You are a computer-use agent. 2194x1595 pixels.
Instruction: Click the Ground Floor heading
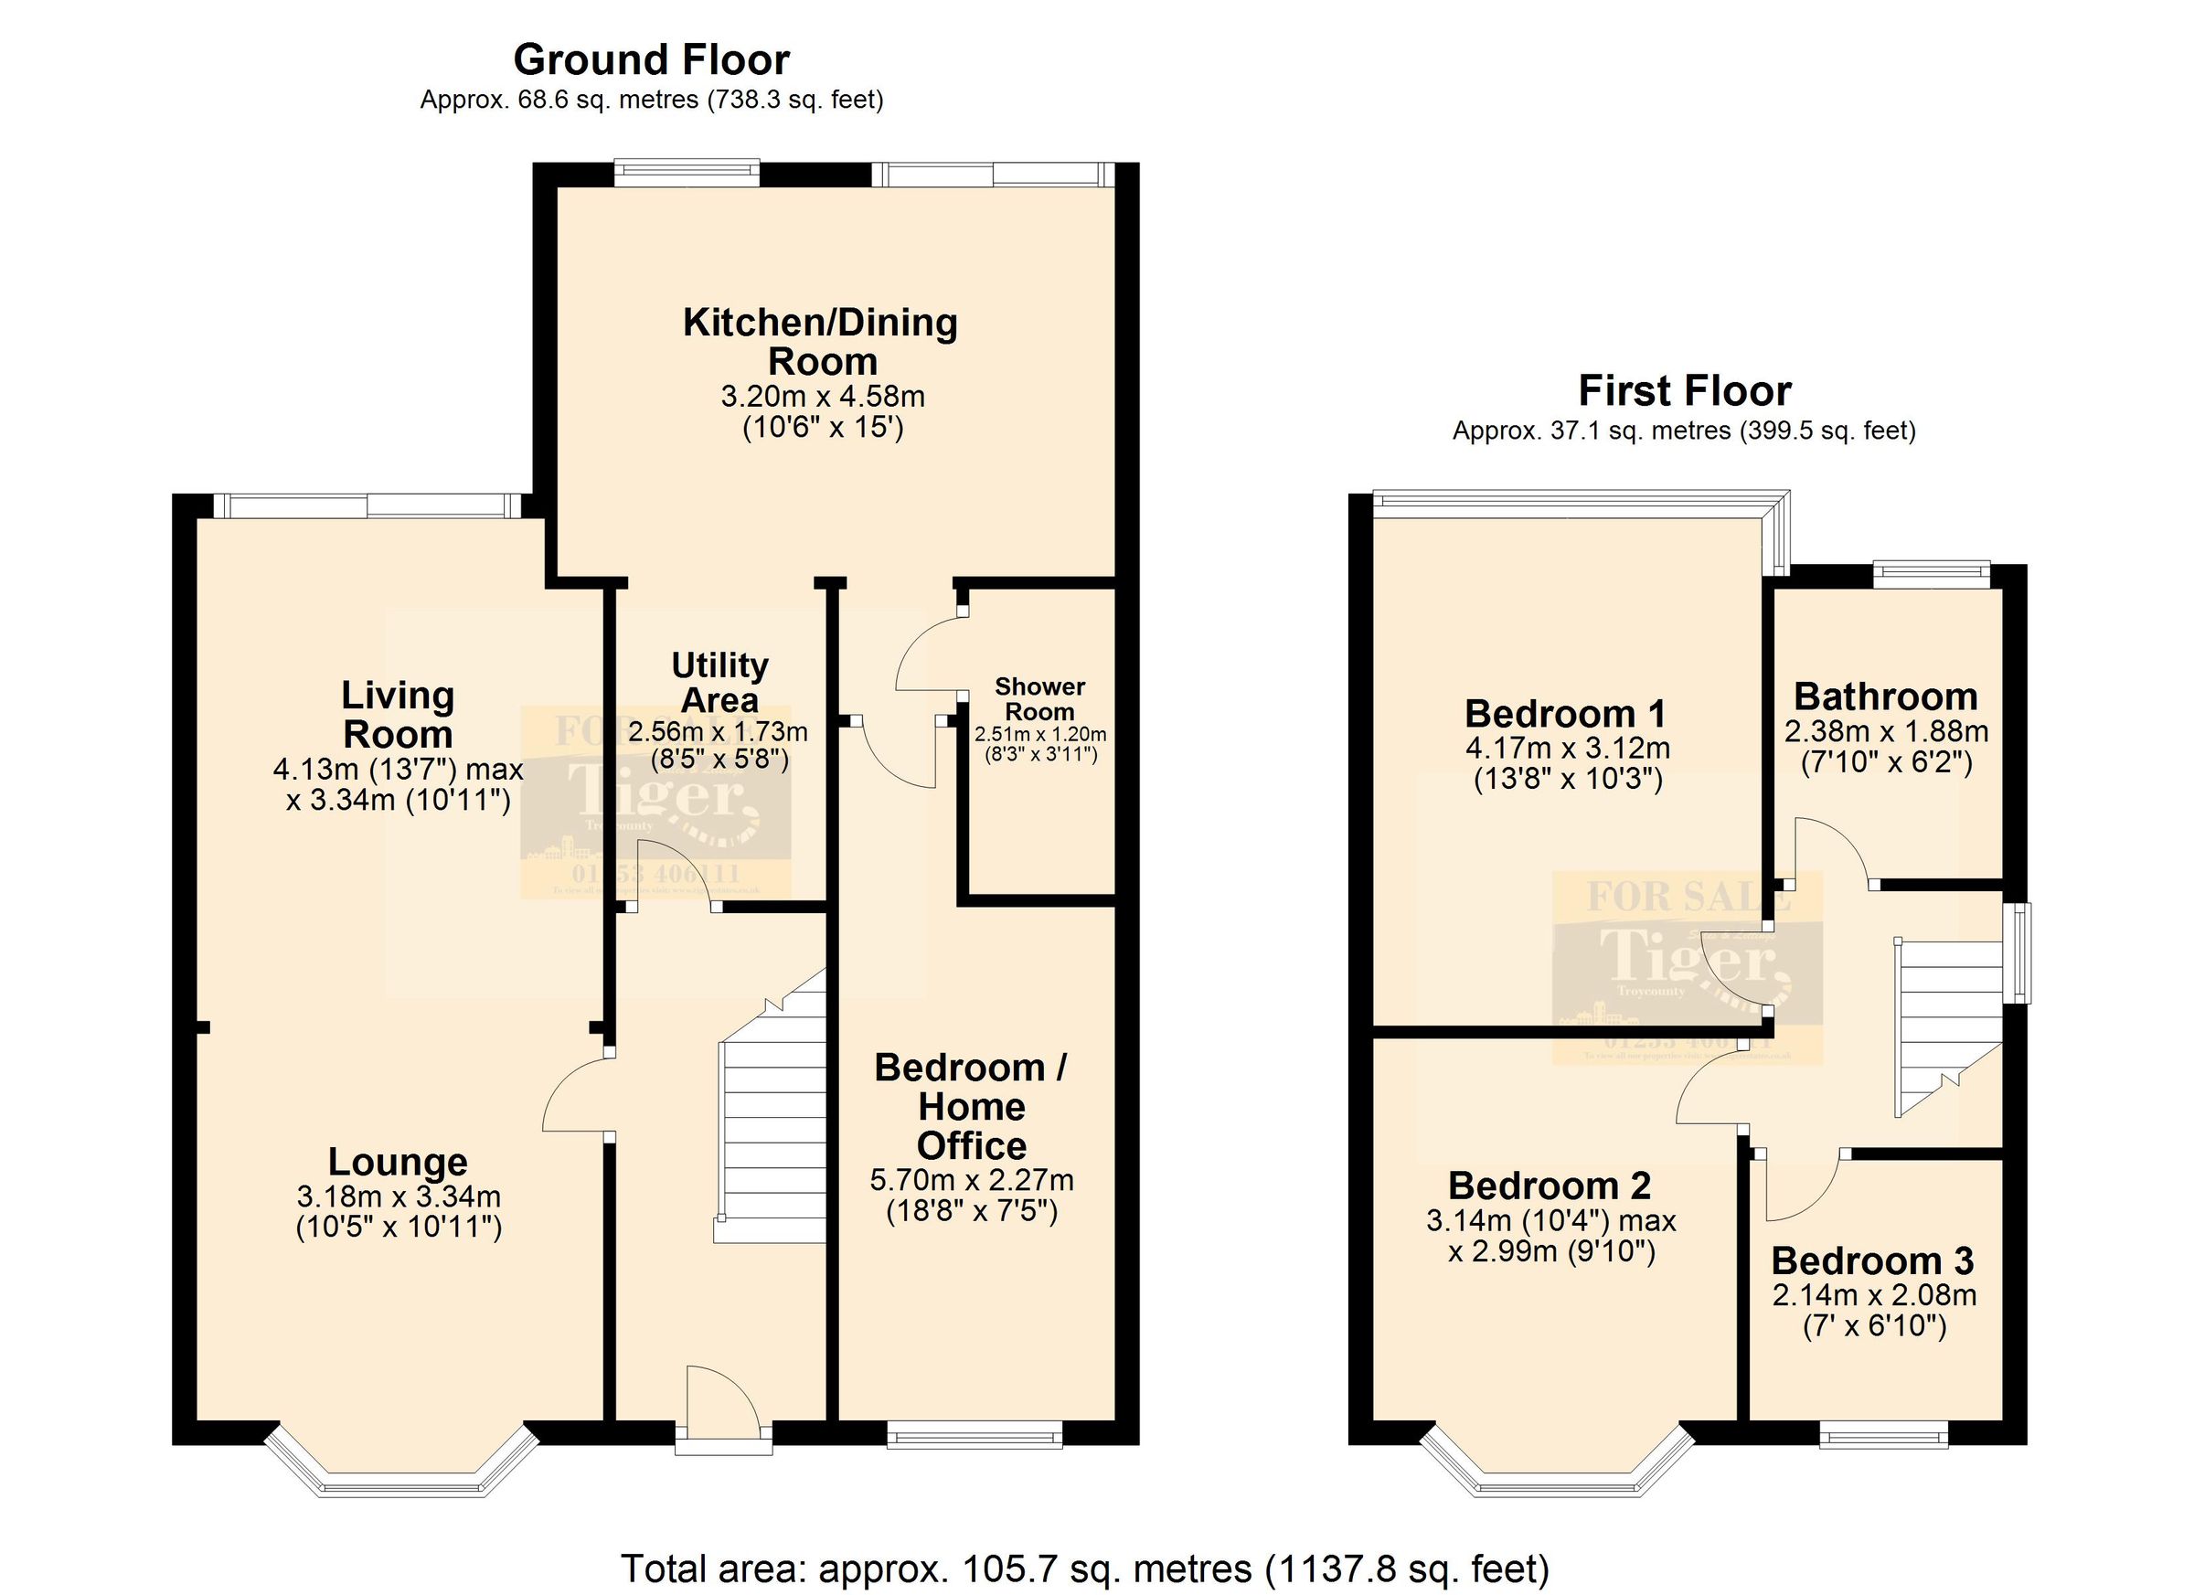coord(651,60)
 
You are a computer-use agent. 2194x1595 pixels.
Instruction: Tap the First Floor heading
coord(1684,391)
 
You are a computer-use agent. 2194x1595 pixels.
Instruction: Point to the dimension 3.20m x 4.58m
coord(822,397)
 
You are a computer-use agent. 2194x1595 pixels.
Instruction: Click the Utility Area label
coord(719,682)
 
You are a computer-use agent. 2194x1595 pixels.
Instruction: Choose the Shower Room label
coord(1040,698)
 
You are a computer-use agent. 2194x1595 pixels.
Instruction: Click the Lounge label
coord(398,1161)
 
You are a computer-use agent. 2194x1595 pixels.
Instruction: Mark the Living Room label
coord(398,714)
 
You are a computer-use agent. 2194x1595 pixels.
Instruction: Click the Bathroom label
coord(1885,696)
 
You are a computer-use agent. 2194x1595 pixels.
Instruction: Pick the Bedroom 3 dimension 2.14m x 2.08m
coord(1874,1295)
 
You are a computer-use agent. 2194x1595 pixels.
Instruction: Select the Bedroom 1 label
coord(1565,713)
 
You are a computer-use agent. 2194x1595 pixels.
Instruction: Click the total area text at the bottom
coord(1083,1568)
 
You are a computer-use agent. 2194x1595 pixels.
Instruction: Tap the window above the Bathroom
coord(1931,574)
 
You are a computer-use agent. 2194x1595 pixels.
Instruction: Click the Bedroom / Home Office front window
coord(975,1435)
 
